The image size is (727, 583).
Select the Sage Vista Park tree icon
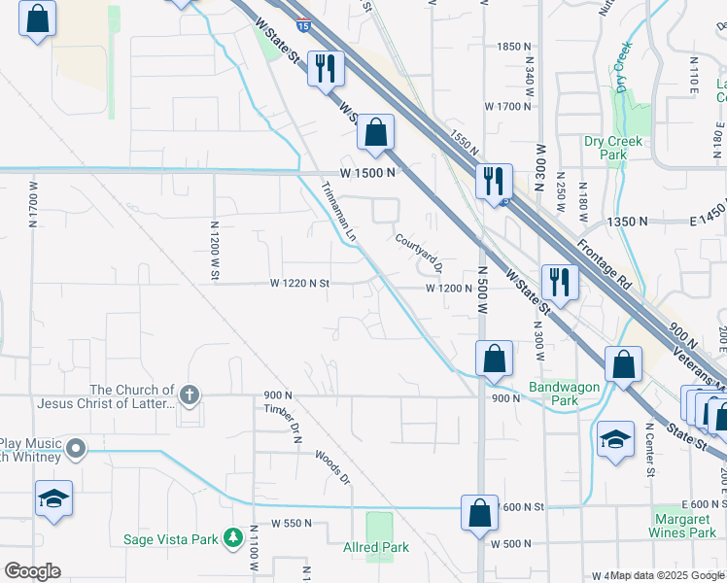232,537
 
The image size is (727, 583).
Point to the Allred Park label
376,547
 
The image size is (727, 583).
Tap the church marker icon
190,394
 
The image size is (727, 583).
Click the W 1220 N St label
300,284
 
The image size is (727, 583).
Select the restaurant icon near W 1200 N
560,281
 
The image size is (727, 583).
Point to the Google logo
31,571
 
